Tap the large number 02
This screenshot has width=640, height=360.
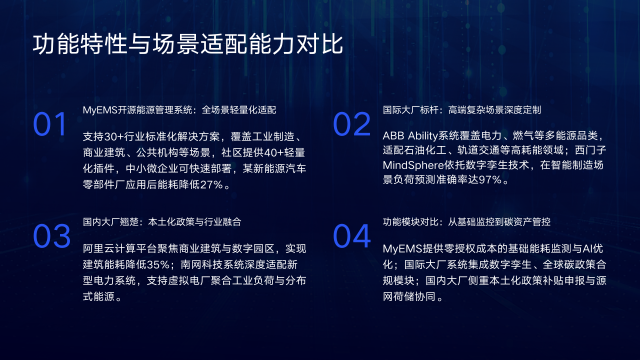tap(351, 123)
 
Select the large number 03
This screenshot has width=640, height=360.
tap(51, 236)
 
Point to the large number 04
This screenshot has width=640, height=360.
tap(351, 236)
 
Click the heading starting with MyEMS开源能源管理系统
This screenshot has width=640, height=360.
tap(178, 108)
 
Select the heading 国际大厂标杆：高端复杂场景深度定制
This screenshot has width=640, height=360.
tap(461, 108)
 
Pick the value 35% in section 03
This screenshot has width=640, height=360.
tap(155, 264)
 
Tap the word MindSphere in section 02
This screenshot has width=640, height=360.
tap(413, 164)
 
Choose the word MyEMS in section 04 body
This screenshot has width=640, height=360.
tap(401, 244)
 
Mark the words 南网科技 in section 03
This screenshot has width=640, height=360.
tap(198, 264)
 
